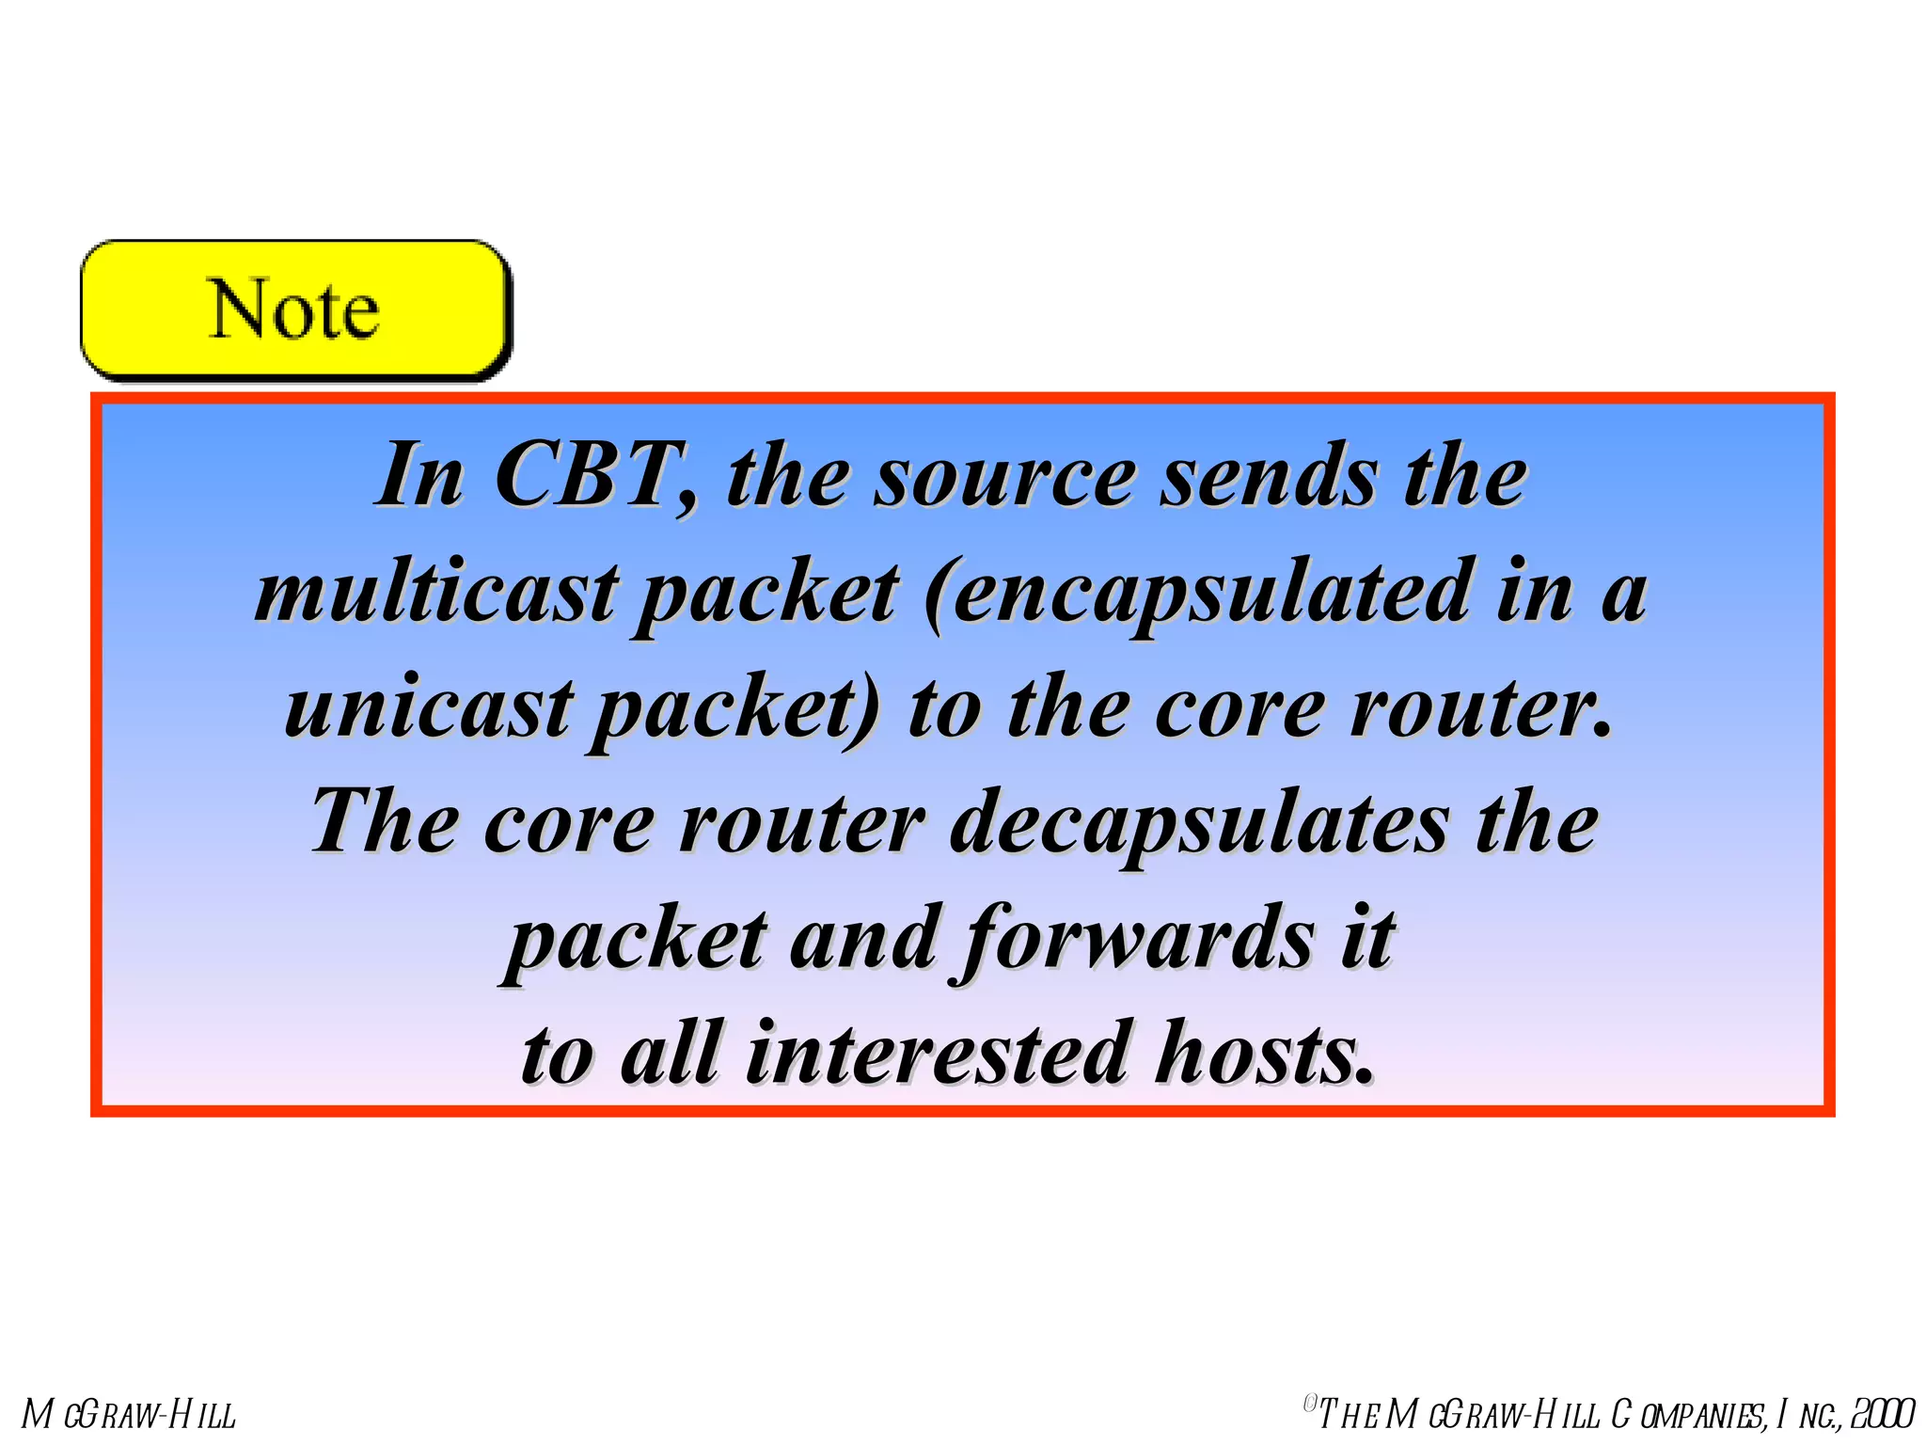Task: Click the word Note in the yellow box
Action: point(293,310)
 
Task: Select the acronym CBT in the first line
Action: point(596,476)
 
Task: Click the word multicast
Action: point(436,593)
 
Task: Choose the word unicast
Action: point(429,708)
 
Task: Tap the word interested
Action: point(938,1054)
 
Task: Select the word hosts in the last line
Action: point(1264,1054)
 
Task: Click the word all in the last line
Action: point(671,1054)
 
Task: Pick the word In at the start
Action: point(419,476)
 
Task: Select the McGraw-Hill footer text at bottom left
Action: point(130,1414)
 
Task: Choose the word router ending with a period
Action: point(1480,708)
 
